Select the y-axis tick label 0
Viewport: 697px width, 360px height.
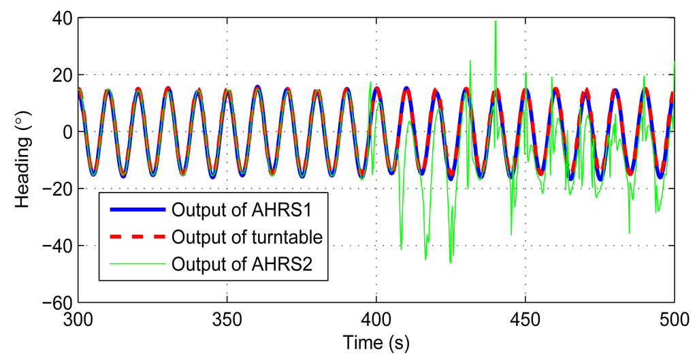(66, 131)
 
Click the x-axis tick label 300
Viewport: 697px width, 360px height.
(80, 320)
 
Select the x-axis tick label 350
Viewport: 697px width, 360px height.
(228, 320)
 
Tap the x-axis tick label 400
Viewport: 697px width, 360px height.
(376, 320)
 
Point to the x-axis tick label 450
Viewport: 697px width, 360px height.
(525, 320)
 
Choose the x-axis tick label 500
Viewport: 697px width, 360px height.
(673, 320)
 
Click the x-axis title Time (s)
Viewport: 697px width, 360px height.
(376, 341)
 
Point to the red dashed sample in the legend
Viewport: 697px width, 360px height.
(133, 236)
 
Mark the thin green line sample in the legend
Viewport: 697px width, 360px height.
(133, 264)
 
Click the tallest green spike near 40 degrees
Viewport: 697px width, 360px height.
(495, 22)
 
